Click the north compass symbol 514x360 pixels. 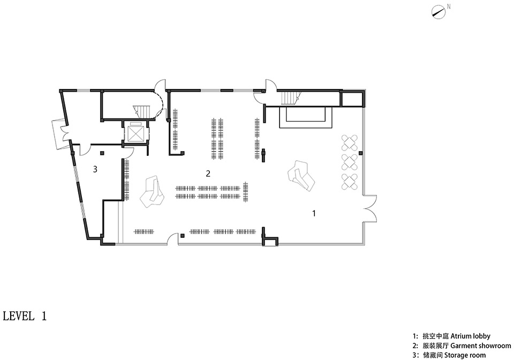[439, 12]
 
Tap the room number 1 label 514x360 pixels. [314, 213]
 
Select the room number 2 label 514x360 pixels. [208, 174]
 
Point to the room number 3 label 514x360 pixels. [95, 169]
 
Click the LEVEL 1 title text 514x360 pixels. [25, 316]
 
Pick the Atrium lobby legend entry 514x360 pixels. [451, 336]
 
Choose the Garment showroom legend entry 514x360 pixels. [462, 346]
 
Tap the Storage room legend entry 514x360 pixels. [449, 355]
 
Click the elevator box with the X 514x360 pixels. [135, 133]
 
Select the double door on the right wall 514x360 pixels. [371, 209]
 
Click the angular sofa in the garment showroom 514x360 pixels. [152, 192]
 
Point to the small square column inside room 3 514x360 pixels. [102, 153]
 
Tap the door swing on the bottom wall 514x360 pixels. [173, 240]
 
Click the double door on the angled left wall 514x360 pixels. [62, 134]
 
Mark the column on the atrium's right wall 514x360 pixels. [360, 153]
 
